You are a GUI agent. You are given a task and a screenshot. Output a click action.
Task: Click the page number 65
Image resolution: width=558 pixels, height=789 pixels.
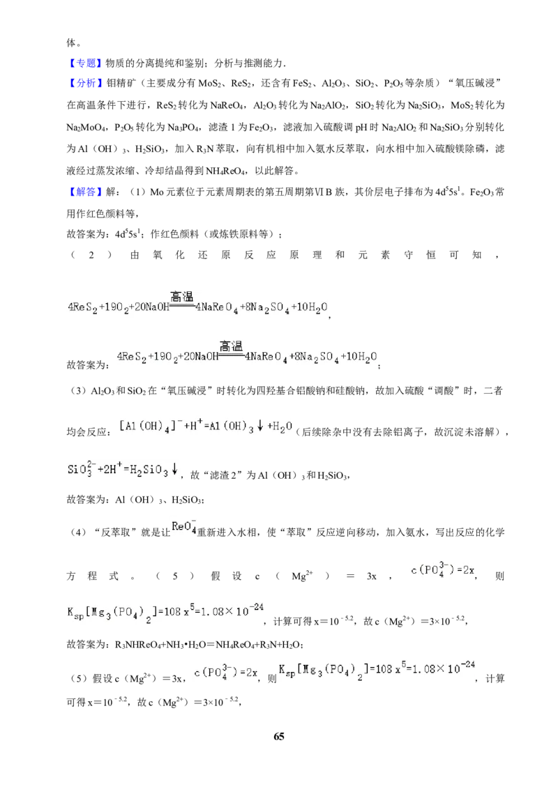click(278, 736)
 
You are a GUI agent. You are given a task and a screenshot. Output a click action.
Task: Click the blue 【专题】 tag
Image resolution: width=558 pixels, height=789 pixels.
click(84, 63)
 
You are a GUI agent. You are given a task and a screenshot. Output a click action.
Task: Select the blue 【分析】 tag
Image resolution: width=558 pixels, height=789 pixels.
click(84, 84)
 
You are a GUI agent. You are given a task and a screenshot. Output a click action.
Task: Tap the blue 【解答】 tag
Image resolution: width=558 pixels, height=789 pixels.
click(84, 192)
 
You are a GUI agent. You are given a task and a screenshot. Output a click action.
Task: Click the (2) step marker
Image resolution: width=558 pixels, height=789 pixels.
click(91, 255)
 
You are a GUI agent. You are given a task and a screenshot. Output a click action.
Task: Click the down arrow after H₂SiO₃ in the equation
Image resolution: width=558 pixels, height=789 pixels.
click(175, 470)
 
